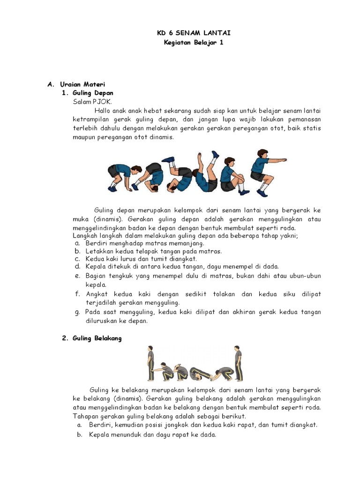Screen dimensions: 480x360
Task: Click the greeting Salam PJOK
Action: click(92, 101)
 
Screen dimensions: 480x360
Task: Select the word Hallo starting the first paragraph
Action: click(104, 111)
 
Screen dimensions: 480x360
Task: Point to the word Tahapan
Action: click(86, 416)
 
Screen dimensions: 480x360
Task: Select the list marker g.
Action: click(77, 312)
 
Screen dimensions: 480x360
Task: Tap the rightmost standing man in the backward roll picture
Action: click(237, 362)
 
